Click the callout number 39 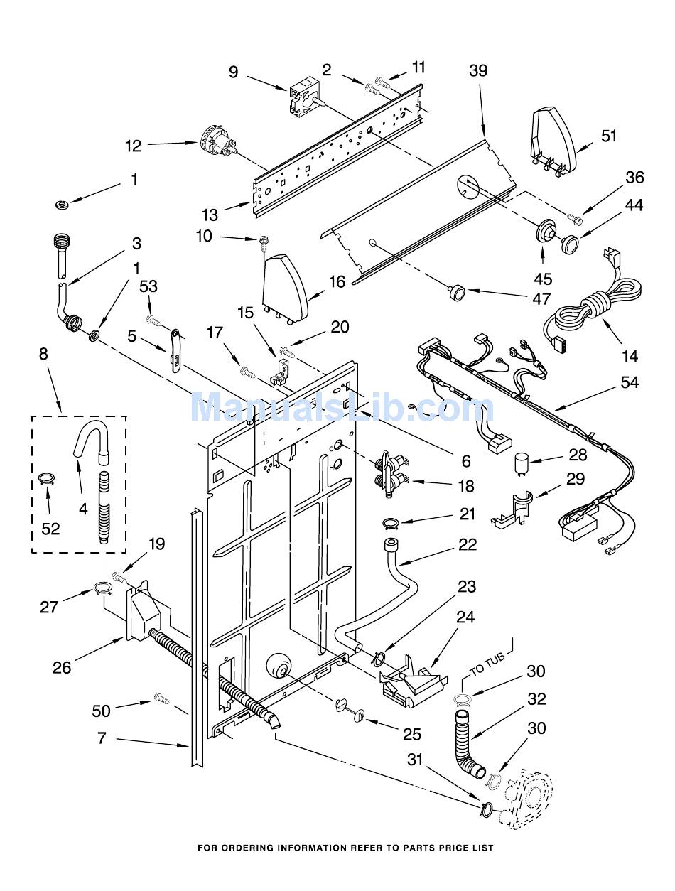[478, 71]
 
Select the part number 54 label [629, 382]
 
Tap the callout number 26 [62, 667]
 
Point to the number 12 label [133, 146]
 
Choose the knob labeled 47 [457, 292]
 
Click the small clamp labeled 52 [47, 479]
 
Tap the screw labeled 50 [161, 698]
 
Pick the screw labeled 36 [576, 219]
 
